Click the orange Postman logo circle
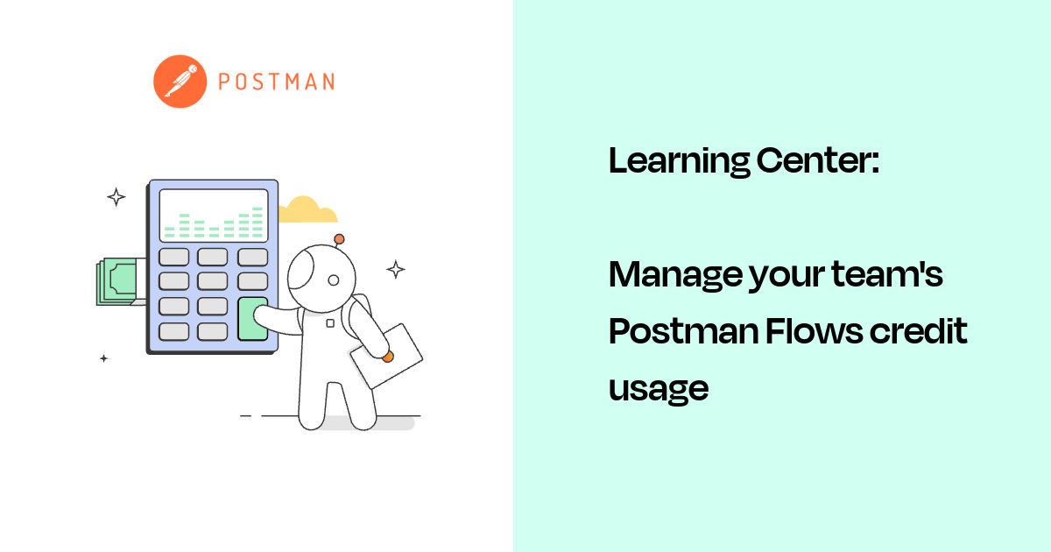click(180, 81)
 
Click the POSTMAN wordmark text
click(276, 82)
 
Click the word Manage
click(673, 275)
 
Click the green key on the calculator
click(252, 319)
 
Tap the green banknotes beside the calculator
click(119, 280)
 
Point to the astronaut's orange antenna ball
click(339, 238)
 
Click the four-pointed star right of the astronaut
click(396, 269)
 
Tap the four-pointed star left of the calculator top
click(116, 196)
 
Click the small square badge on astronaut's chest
click(330, 322)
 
